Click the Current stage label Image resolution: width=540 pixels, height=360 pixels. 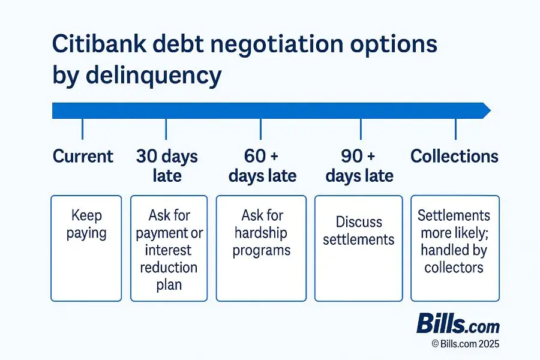click(83, 157)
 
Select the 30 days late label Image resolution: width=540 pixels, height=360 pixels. click(167, 166)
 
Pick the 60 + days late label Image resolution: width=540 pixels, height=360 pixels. click(262, 166)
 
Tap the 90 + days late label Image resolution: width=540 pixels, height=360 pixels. click(359, 166)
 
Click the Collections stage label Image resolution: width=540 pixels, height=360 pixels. click(454, 157)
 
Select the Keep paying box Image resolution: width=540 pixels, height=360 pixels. click(86, 248)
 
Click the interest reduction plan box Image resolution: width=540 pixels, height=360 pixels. click(169, 248)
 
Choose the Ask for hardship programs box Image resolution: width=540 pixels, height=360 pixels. click(260, 248)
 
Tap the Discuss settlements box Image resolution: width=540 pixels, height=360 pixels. click(359, 248)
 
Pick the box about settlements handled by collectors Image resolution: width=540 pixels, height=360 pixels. click(455, 248)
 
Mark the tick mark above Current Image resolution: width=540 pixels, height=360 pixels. click(82, 128)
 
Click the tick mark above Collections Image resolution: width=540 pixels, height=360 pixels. click(455, 128)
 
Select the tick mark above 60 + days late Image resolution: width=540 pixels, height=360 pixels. click(260, 128)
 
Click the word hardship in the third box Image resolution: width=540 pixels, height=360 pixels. click(260, 233)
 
